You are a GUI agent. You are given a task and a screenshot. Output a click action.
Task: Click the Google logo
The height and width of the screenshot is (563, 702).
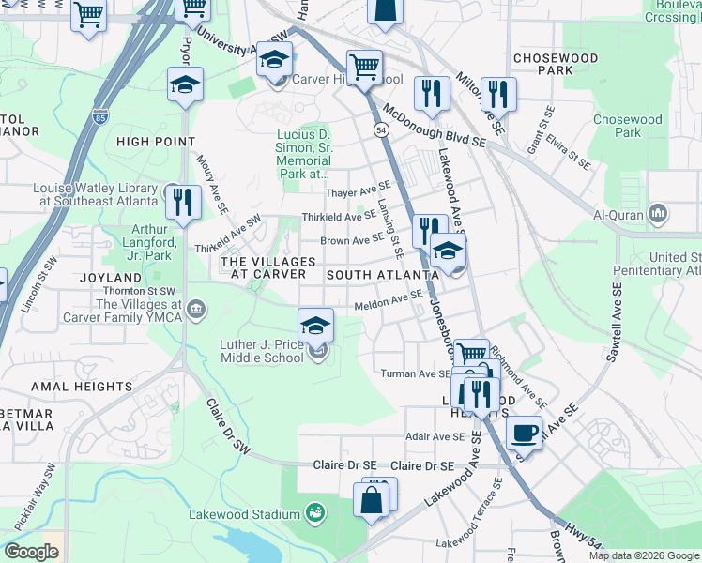pyautogui.click(x=31, y=552)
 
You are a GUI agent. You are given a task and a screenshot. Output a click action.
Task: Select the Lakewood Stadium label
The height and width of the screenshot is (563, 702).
pyautogui.click(x=244, y=514)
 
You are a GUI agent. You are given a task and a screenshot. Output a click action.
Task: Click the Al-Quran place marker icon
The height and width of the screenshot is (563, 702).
pyautogui.click(x=658, y=214)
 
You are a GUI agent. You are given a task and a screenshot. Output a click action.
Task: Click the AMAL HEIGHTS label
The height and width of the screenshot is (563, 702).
pyautogui.click(x=82, y=386)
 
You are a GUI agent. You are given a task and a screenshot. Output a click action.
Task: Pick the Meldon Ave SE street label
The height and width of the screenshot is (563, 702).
pyautogui.click(x=389, y=301)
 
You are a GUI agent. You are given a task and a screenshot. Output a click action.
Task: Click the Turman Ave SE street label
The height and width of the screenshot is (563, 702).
pyautogui.click(x=416, y=373)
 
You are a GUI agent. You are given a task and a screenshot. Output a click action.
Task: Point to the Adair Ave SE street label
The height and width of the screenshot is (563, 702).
pyautogui.click(x=435, y=436)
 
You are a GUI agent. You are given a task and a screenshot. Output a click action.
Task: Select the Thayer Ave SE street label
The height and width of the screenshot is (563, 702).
pyautogui.click(x=357, y=192)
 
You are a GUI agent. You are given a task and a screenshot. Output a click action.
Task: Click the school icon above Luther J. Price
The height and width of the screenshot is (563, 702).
pyautogui.click(x=316, y=326)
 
